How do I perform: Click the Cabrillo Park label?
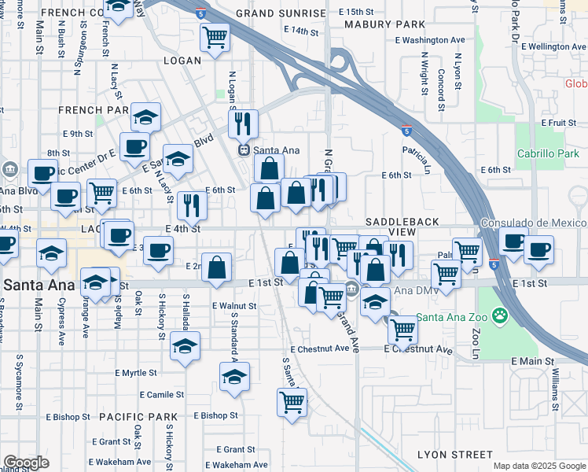(546, 153)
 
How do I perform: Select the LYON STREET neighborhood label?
(455, 455)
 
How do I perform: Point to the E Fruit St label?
(559, 123)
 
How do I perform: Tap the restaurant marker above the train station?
(243, 122)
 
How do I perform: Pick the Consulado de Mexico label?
(534, 223)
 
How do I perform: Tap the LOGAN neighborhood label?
(182, 60)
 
